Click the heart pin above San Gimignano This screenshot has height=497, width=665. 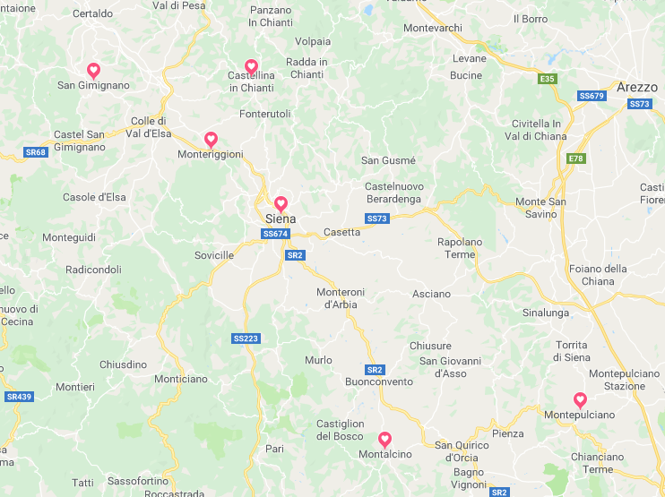(93, 70)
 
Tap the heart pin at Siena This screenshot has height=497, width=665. (281, 203)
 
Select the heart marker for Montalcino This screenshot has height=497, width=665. (384, 439)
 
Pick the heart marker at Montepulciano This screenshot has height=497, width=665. (580, 399)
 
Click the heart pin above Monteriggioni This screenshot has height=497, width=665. (211, 139)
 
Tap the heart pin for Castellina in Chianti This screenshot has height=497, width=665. (251, 66)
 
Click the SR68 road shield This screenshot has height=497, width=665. (35, 152)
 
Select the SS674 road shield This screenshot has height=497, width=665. (275, 234)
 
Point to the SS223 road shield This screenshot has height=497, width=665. (246, 338)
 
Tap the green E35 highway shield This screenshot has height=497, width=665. (547, 79)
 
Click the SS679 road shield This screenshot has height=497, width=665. (592, 95)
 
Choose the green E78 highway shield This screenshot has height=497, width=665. (576, 159)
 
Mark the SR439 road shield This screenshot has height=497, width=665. (18, 396)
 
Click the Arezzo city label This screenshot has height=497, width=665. (636, 87)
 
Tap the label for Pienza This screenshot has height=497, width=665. (508, 433)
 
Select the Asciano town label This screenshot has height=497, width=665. (432, 294)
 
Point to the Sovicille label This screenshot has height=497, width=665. (214, 255)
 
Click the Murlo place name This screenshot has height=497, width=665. (318, 360)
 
